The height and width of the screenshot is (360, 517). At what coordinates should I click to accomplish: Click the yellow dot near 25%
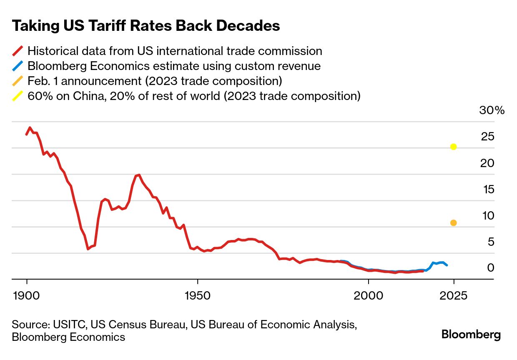[454, 147]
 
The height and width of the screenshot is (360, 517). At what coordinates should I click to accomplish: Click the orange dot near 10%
[454, 223]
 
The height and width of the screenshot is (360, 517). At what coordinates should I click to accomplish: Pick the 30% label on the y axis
[492, 110]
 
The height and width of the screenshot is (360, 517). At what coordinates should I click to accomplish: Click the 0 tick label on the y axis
[490, 268]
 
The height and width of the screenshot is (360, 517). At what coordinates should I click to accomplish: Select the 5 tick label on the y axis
[490, 242]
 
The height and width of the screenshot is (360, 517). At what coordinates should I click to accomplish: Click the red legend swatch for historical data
[18, 51]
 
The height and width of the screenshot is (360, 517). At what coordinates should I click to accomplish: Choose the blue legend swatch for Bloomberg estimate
[18, 66]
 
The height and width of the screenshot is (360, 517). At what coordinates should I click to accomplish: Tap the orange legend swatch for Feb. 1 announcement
[18, 81]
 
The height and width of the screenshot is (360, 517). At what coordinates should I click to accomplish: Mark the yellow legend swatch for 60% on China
[18, 96]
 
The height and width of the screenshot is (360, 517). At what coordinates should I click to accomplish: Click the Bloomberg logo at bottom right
[471, 335]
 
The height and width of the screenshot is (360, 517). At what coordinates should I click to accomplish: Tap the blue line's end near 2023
[447, 265]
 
